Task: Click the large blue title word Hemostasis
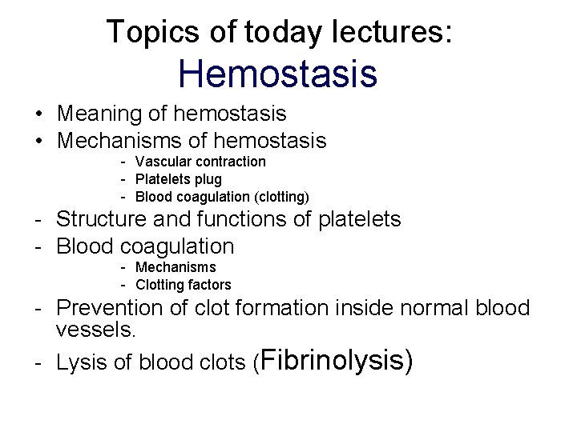pyautogui.click(x=278, y=74)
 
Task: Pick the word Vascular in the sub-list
pyautogui.click(x=160, y=162)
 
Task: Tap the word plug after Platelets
pyautogui.click(x=208, y=179)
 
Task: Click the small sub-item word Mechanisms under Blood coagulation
pyautogui.click(x=176, y=267)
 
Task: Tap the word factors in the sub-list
pyautogui.click(x=209, y=285)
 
